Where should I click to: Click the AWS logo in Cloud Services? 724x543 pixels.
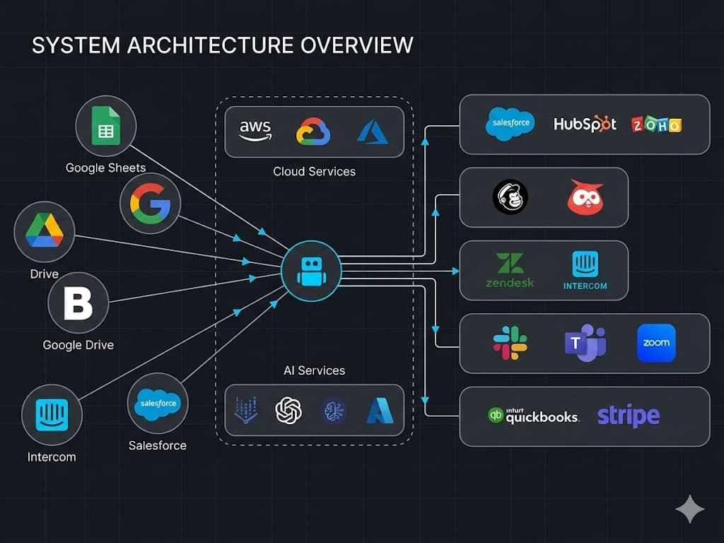(x=255, y=131)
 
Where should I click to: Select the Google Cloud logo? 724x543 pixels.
(x=313, y=132)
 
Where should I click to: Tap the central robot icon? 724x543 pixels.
(x=311, y=271)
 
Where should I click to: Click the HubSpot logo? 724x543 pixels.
(x=585, y=124)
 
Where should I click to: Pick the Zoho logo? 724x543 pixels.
(x=656, y=125)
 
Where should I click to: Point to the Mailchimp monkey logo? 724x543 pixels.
(x=510, y=197)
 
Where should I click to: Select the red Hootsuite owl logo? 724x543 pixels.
(x=585, y=197)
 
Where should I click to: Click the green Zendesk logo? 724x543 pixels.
(x=510, y=270)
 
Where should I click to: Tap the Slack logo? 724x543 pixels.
(x=510, y=343)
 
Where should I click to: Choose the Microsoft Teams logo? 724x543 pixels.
(x=585, y=344)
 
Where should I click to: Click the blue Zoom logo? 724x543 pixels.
(x=656, y=343)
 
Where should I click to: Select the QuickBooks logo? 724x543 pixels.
(x=534, y=416)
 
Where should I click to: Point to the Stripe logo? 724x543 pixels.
(x=629, y=416)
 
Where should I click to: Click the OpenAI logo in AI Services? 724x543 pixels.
(x=288, y=410)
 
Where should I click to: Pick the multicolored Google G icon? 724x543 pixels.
(x=150, y=204)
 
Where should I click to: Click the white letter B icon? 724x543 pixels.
(x=78, y=303)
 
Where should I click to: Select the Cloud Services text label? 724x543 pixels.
(x=314, y=172)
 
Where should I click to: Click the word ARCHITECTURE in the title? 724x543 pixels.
(x=209, y=45)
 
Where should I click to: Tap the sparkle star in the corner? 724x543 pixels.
(x=689, y=509)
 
